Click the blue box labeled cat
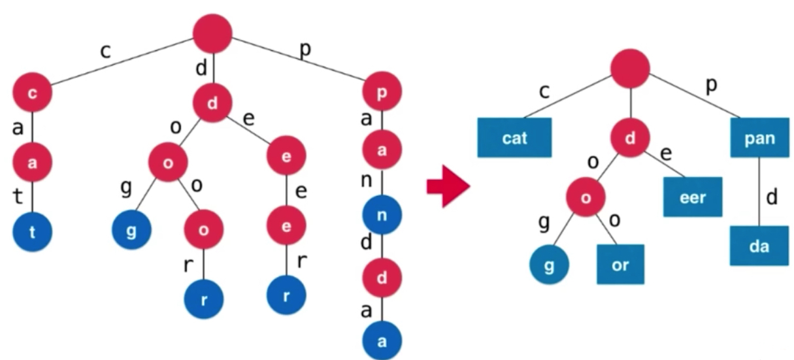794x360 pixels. click(x=514, y=137)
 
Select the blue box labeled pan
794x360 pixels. click(x=759, y=137)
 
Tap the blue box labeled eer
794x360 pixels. click(x=693, y=197)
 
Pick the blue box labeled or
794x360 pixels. click(x=620, y=265)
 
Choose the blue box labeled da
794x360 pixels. click(x=759, y=246)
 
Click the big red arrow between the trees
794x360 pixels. click(x=448, y=186)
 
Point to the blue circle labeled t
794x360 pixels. click(x=32, y=232)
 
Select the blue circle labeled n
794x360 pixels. click(x=382, y=215)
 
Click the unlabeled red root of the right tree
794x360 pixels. click(x=630, y=69)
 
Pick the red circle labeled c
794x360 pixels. click(x=32, y=93)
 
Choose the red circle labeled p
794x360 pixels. click(x=382, y=91)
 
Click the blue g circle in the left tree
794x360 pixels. click(x=131, y=230)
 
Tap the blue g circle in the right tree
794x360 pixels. click(x=549, y=265)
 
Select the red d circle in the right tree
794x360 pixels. click(x=630, y=137)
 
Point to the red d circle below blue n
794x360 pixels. click(x=382, y=278)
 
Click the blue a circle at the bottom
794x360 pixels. click(x=382, y=340)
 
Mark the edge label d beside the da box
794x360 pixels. click(x=772, y=197)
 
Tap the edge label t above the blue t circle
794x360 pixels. click(x=18, y=196)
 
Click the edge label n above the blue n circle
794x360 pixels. click(x=366, y=181)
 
